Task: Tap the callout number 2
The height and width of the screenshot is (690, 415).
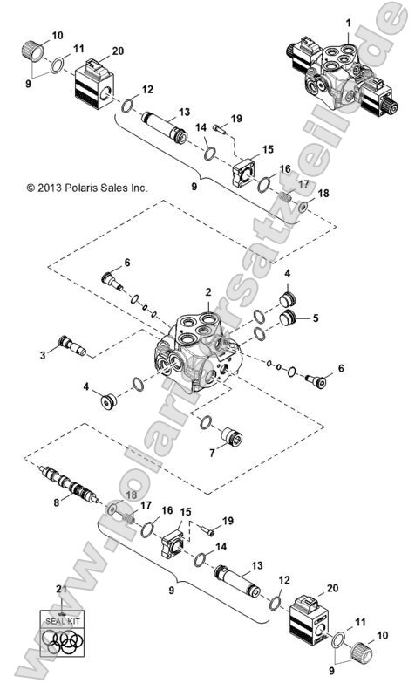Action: click(207, 291)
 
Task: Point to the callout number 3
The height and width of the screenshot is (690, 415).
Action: click(41, 354)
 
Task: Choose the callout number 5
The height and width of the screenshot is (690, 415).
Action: click(316, 318)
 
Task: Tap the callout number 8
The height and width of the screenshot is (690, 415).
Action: click(57, 502)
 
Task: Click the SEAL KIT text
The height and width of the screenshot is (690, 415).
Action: click(61, 621)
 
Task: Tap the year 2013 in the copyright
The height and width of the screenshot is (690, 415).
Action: click(50, 188)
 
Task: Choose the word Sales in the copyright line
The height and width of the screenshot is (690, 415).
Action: click(113, 188)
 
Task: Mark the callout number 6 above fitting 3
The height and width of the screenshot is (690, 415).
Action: click(126, 263)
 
